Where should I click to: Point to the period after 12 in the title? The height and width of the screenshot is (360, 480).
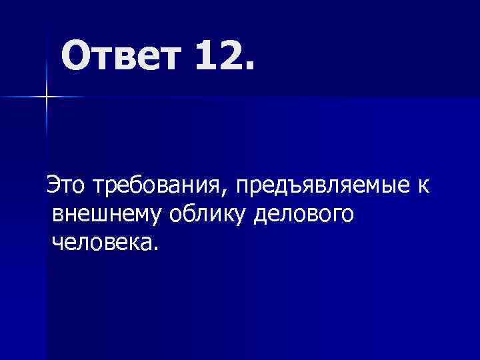(249, 68)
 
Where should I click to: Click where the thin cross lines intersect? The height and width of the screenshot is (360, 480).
(47, 97)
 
